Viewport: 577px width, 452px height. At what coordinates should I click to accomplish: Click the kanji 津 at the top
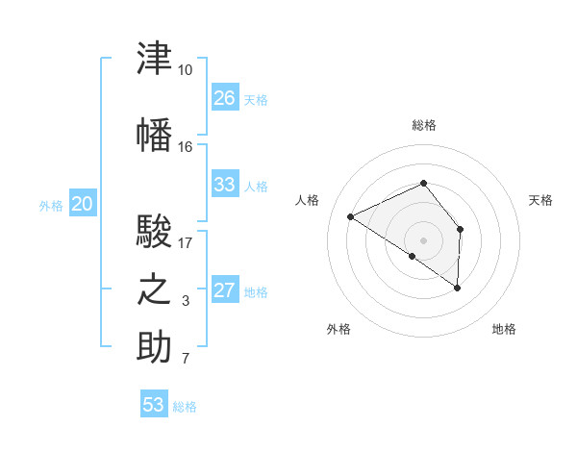[x=154, y=58]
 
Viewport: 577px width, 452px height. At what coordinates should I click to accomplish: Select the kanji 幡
[x=154, y=135]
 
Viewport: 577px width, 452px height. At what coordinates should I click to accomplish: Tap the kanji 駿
[x=154, y=231]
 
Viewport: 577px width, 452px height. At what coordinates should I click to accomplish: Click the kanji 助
[x=154, y=346]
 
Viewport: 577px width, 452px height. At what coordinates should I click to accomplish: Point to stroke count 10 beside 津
[x=185, y=70]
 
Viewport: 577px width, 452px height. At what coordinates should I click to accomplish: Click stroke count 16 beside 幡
[x=185, y=147]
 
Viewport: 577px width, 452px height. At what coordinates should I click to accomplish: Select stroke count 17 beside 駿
[x=185, y=243]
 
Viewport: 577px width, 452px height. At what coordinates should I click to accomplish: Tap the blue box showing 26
[x=225, y=97]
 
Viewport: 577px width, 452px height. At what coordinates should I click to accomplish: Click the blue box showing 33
[x=225, y=184]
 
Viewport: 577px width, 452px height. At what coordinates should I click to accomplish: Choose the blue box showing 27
[x=225, y=289]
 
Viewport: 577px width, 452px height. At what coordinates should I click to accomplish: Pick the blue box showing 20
[x=83, y=203]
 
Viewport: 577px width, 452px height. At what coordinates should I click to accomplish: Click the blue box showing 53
[x=154, y=403]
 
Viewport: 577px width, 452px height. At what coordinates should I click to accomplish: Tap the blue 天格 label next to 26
[x=256, y=100]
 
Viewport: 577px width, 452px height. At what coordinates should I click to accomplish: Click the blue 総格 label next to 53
[x=185, y=407]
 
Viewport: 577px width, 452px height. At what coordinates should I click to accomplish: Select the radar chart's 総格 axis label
[x=424, y=125]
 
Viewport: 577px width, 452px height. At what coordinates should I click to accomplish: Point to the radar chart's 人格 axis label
[x=307, y=200]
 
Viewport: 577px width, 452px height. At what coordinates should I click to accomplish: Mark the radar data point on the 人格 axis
[x=351, y=216]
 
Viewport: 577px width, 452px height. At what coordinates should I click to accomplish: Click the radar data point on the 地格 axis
[x=457, y=288]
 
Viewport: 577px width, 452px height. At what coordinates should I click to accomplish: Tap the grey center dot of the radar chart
[x=423, y=240]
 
